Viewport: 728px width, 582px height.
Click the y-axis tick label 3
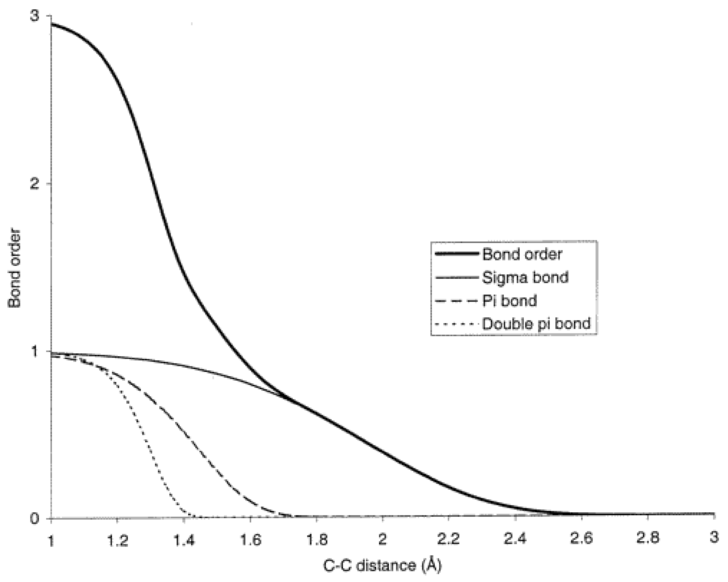point(35,16)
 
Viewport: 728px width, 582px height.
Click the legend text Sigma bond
point(525,277)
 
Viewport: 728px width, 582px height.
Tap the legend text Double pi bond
point(536,324)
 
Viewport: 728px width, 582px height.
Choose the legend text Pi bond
point(509,301)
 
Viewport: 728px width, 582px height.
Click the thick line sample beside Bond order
point(456,254)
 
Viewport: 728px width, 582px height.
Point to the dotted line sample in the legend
point(456,324)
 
